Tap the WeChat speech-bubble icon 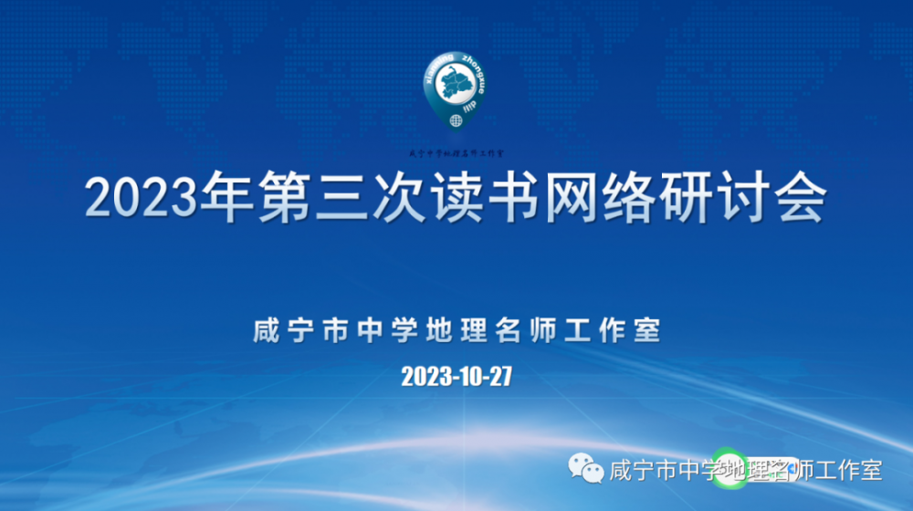(586, 469)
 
